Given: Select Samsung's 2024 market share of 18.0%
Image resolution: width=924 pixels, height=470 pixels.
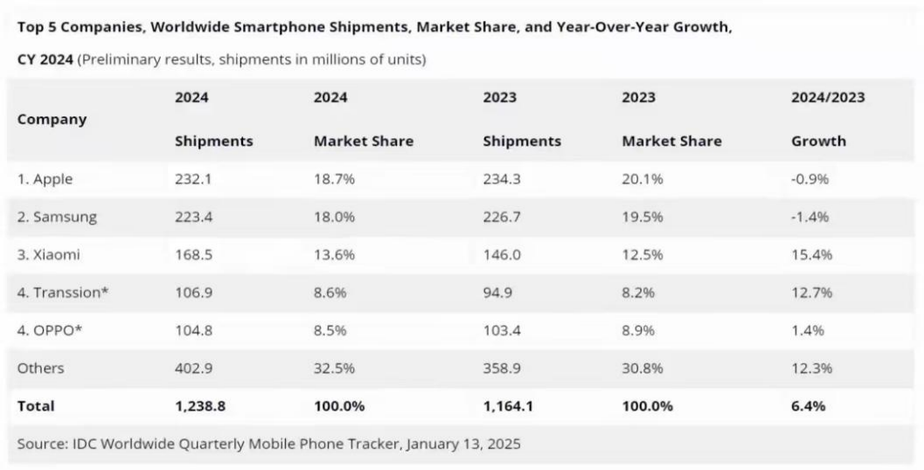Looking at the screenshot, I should [x=333, y=218].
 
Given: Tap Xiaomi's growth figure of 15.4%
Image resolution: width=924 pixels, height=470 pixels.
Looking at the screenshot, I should [x=811, y=255].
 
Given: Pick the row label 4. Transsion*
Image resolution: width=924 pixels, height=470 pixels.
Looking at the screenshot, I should [x=63, y=293].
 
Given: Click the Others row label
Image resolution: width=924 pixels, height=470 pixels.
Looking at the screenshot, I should [x=40, y=368].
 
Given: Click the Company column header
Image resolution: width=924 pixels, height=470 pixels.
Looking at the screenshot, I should [x=52, y=119].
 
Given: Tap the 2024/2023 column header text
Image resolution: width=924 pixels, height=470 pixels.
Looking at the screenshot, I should [x=827, y=97].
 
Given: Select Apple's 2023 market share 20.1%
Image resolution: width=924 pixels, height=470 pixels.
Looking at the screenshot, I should [x=642, y=179].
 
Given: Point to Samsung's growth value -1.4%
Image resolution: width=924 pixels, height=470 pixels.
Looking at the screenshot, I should [x=809, y=218].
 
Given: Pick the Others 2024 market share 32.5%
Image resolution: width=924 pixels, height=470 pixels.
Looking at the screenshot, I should [x=334, y=368].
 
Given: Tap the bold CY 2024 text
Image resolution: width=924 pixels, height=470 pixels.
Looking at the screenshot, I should [x=45, y=59].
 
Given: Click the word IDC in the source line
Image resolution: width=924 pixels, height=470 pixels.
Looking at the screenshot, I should [x=83, y=444].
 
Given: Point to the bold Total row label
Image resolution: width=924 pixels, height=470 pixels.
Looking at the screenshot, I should [x=36, y=405].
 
